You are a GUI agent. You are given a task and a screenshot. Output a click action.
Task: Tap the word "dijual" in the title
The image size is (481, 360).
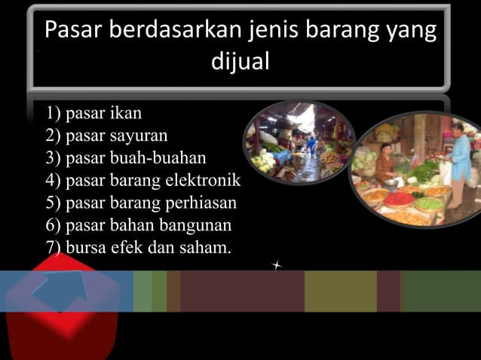pyautogui.click(x=240, y=61)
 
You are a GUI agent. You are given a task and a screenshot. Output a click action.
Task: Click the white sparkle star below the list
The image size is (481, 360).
pyautogui.click(x=278, y=265)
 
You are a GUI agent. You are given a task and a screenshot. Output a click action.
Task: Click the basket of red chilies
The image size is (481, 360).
pyautogui.click(x=399, y=200)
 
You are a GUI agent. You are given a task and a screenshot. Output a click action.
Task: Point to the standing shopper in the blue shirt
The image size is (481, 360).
pyautogui.click(x=458, y=162)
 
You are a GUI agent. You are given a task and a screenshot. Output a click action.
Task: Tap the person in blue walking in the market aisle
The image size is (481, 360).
pyautogui.click(x=311, y=145)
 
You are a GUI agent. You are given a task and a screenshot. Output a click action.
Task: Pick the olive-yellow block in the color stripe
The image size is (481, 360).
pyautogui.click(x=340, y=291)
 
